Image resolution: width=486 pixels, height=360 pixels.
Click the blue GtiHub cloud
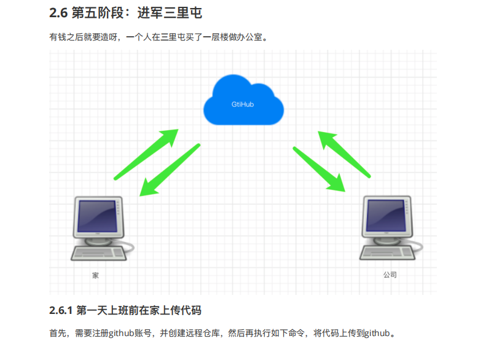pyautogui.click(x=243, y=101)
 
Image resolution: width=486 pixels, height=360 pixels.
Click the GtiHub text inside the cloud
pyautogui.click(x=243, y=104)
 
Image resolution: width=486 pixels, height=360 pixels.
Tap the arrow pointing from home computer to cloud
pyautogui.click(x=146, y=154)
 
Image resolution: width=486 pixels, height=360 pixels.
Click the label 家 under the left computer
pyautogui.click(x=95, y=275)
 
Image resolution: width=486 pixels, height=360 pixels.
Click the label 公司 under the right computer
pyautogui.click(x=390, y=275)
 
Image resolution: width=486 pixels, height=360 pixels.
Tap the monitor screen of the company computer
pyautogui.click(x=386, y=216)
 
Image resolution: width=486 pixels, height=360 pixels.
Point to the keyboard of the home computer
pyautogui.click(x=99, y=252)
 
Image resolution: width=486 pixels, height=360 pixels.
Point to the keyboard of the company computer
pyautogui.click(x=387, y=252)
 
